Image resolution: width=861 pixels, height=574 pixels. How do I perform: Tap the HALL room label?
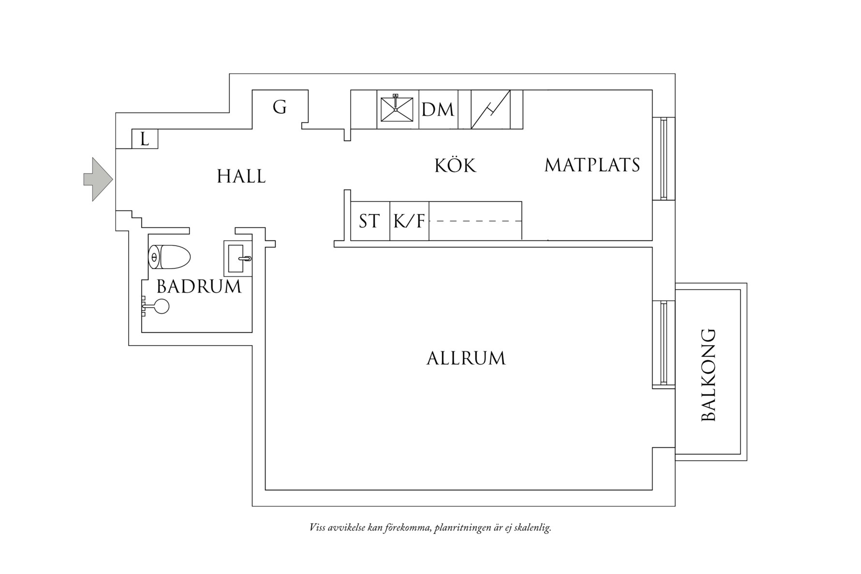pyautogui.click(x=241, y=177)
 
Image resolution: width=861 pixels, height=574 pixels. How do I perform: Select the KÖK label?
pyautogui.click(x=455, y=166)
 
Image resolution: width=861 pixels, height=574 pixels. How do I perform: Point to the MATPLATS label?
pyautogui.click(x=592, y=165)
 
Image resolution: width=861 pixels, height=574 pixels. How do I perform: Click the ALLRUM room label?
pyautogui.click(x=466, y=358)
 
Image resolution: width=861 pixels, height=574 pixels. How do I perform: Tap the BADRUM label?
pyautogui.click(x=199, y=287)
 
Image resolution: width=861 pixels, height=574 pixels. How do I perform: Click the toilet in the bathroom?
pyautogui.click(x=169, y=257)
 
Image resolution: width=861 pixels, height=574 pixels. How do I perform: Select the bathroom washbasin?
pyautogui.click(x=238, y=258)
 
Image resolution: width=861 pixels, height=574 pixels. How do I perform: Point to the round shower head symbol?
pyautogui.click(x=162, y=307)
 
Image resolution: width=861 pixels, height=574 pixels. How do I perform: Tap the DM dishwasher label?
pyautogui.click(x=438, y=110)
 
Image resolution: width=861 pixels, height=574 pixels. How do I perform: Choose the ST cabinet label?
pyautogui.click(x=370, y=221)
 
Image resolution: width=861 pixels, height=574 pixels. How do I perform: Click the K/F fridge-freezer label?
pyautogui.click(x=409, y=221)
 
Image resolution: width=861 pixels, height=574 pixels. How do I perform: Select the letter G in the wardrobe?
pyautogui.click(x=280, y=107)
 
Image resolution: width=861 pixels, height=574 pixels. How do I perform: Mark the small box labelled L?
pyautogui.click(x=145, y=139)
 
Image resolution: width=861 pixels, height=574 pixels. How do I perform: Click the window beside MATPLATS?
pyautogui.click(x=664, y=158)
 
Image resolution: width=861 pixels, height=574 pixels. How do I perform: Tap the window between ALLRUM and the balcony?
pyautogui.click(x=664, y=343)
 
